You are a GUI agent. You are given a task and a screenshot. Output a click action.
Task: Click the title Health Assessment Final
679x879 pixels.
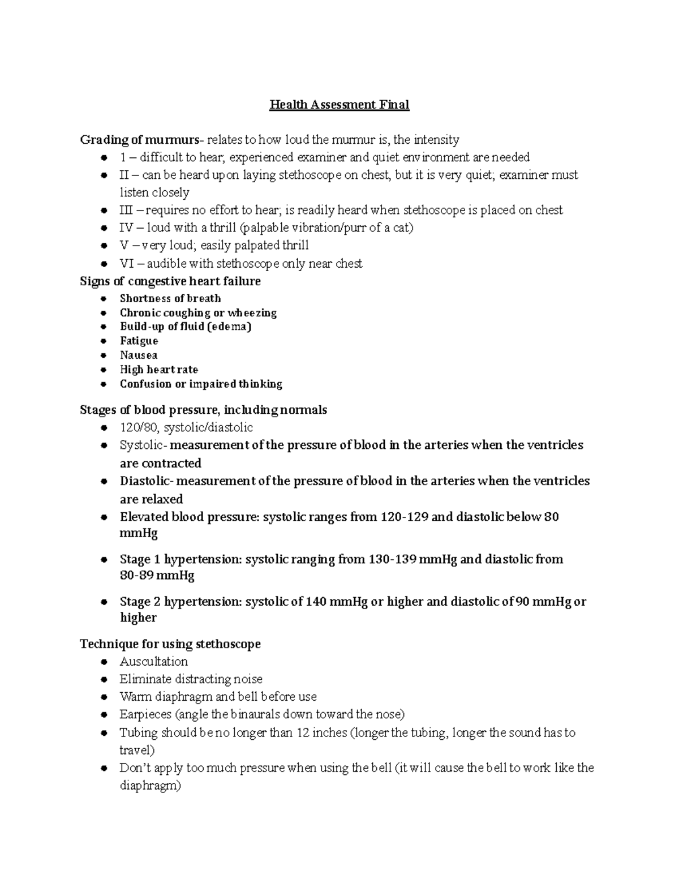coord(339,105)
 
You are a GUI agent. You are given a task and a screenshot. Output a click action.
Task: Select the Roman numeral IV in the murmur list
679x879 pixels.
coord(126,228)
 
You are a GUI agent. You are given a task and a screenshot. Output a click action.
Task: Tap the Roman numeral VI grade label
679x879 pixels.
coord(126,263)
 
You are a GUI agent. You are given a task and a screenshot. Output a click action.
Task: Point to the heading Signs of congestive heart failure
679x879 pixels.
coord(170,281)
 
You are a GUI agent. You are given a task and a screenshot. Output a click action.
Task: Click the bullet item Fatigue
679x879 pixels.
coord(139,341)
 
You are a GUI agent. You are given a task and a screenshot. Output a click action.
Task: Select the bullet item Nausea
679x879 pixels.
coord(139,355)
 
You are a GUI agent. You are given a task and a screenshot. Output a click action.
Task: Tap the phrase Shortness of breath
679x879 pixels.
coord(170,298)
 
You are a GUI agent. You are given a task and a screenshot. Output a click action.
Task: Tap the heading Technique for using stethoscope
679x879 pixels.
coord(170,644)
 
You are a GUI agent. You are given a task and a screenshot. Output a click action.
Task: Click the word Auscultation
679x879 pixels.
coord(153,662)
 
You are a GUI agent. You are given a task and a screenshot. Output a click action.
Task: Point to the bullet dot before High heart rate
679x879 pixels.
coord(103,370)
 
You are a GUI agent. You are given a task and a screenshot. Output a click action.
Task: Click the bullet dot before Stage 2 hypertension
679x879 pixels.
coord(103,602)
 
